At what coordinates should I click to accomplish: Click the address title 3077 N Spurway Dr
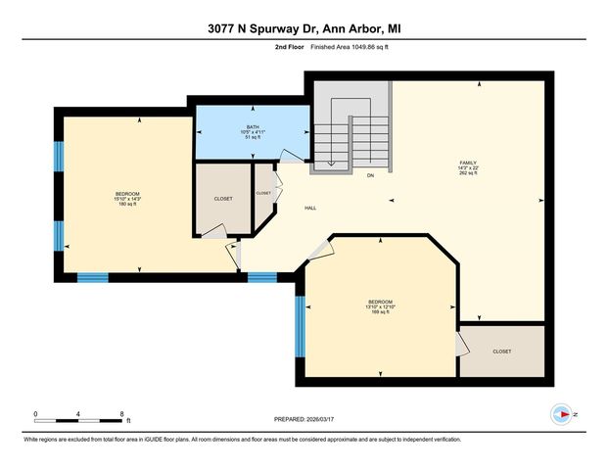pyautogui.click(x=304, y=29)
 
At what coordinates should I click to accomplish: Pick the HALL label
pyautogui.click(x=309, y=208)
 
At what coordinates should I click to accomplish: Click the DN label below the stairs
pyautogui.click(x=370, y=176)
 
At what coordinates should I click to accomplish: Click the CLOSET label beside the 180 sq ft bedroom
pyautogui.click(x=223, y=199)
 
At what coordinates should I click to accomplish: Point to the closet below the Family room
pyautogui.click(x=501, y=351)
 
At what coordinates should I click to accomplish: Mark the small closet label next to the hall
pyautogui.click(x=263, y=193)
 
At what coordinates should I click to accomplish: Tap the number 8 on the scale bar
pyautogui.click(x=121, y=414)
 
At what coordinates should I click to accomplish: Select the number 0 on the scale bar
pyautogui.click(x=35, y=414)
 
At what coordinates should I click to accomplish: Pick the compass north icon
pyautogui.click(x=563, y=413)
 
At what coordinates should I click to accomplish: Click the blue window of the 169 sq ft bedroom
pyautogui.click(x=301, y=326)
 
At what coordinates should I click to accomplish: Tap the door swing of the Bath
pyautogui.click(x=288, y=158)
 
